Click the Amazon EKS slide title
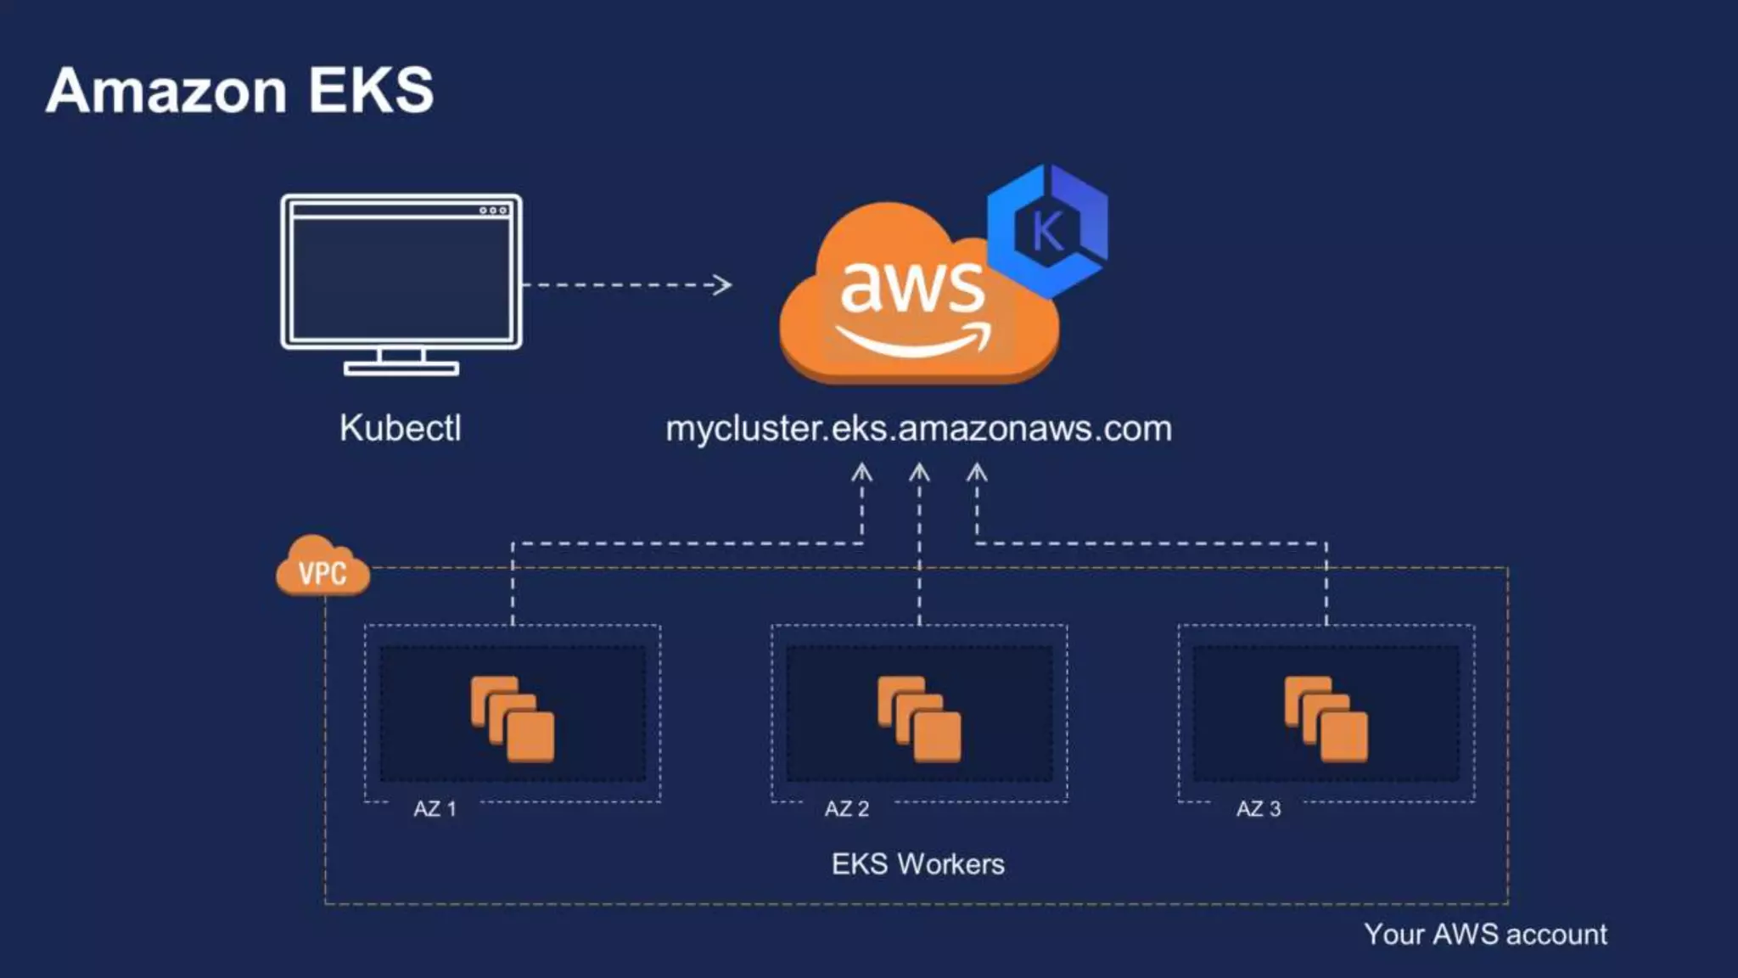click(240, 90)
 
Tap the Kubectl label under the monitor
click(401, 428)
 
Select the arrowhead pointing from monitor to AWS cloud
click(722, 284)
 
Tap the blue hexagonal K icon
click(1048, 230)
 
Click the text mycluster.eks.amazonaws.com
click(918, 429)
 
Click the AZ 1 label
click(434, 808)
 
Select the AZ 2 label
click(846, 808)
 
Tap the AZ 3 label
click(1258, 808)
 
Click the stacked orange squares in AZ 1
click(513, 718)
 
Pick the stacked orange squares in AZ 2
click(919, 718)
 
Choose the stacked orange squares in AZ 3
click(1326, 718)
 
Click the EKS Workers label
click(917, 864)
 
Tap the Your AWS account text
click(1485, 934)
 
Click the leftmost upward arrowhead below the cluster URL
click(861, 472)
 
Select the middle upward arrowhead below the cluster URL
click(919, 472)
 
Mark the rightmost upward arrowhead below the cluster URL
click(977, 472)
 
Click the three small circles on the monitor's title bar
click(493, 210)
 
